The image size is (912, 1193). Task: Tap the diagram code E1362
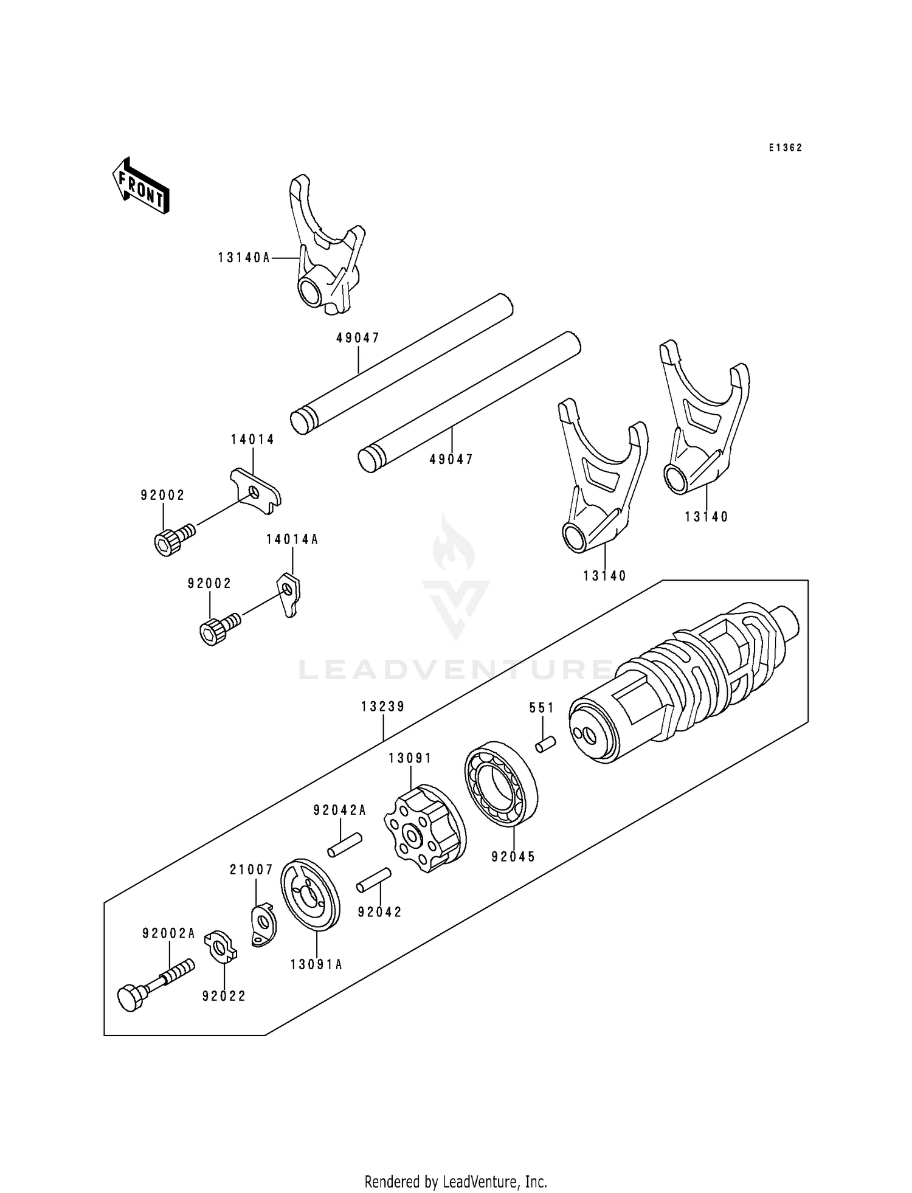click(785, 148)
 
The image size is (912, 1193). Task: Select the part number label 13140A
click(244, 258)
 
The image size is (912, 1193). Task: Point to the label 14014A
click(292, 539)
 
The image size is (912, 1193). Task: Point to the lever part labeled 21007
click(263, 926)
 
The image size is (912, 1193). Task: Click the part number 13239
click(382, 707)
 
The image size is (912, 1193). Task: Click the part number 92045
click(513, 857)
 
